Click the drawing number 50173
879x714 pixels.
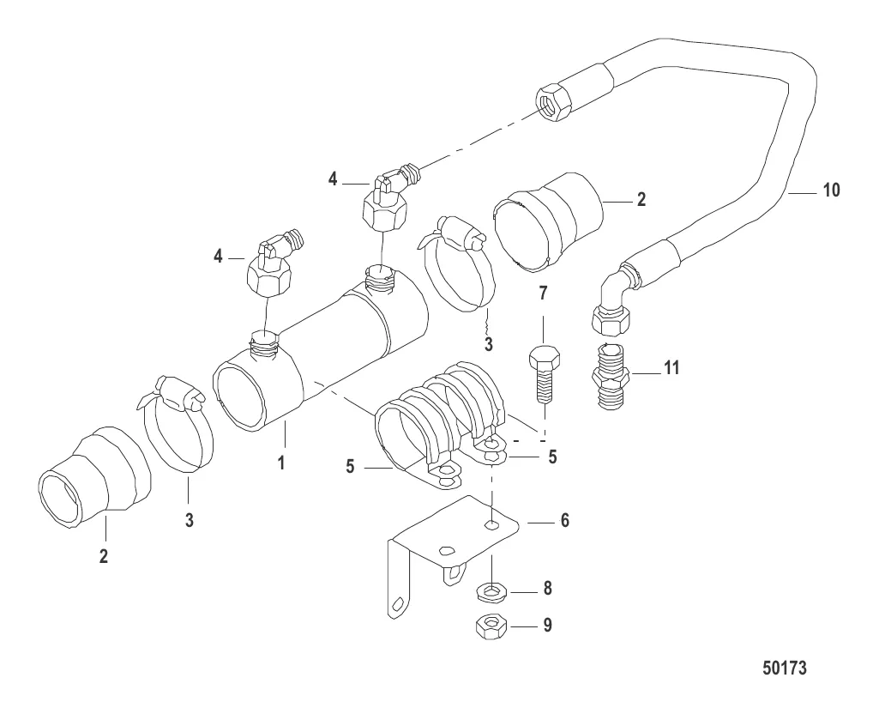(x=785, y=668)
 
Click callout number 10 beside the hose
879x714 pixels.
(x=831, y=191)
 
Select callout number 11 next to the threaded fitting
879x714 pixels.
(x=671, y=368)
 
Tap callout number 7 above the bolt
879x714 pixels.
(x=543, y=293)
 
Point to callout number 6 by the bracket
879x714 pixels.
(x=564, y=521)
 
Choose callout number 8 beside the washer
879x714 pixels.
(x=548, y=588)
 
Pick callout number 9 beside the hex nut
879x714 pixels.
(x=548, y=624)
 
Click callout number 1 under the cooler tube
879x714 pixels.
(x=281, y=463)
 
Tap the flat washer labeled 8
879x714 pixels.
(x=491, y=591)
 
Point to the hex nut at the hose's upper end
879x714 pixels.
(x=554, y=101)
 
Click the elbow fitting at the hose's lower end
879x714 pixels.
(x=615, y=296)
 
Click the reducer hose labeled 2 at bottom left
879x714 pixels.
(x=94, y=477)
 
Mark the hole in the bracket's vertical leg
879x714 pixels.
(x=399, y=604)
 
